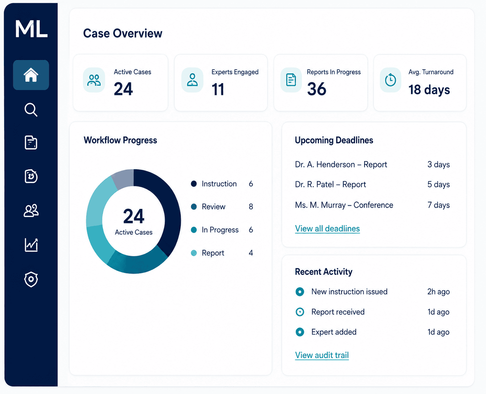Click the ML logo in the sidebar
pos(31,29)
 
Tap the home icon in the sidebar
pos(31,75)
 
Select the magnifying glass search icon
pos(31,110)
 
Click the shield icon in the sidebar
pos(31,279)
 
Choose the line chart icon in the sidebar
pos(31,245)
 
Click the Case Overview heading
pos(122,33)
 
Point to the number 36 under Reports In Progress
pos(316,89)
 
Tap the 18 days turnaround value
pos(429,90)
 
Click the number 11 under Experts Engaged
pos(218,89)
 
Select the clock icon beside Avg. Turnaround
pos(390,80)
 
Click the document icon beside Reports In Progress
pos(291,80)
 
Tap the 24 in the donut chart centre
pos(134,216)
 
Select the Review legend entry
pos(213,207)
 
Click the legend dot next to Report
pos(194,253)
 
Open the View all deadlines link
pos(327,229)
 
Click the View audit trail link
pos(322,355)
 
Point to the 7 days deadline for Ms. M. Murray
pos(439,205)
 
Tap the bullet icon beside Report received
pos(300,312)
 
